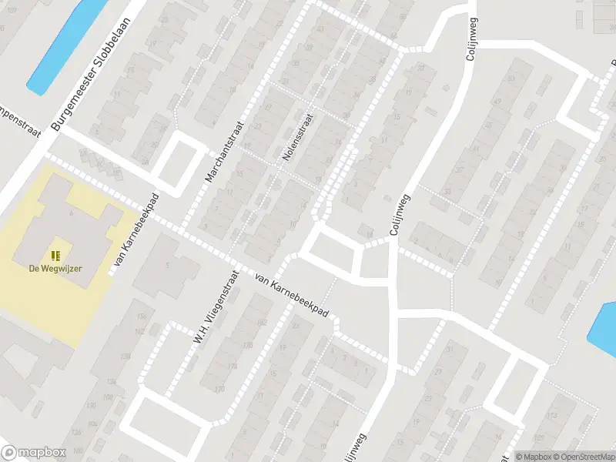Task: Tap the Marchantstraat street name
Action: [223, 151]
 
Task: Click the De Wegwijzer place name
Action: [55, 268]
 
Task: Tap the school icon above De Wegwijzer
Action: [55, 255]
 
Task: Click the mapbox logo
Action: [33, 453]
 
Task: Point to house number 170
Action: [221, 389]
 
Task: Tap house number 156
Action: [141, 316]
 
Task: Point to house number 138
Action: [112, 380]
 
